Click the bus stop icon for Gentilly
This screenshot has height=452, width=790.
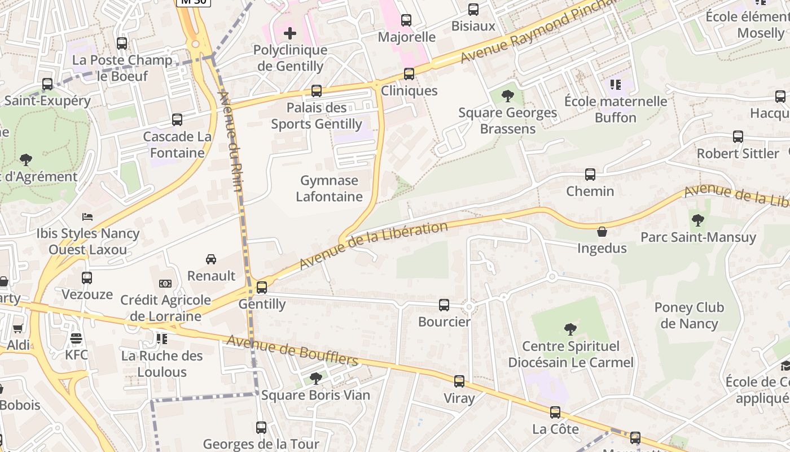pos(262,287)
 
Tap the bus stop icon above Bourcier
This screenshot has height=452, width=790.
pos(444,305)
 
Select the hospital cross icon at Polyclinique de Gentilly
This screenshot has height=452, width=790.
pos(289,33)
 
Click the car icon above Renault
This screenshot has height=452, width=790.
pos(211,259)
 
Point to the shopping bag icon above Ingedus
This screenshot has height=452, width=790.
pos(602,232)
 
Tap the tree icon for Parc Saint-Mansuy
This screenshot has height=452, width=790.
pos(698,220)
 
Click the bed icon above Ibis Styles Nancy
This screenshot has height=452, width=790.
pos(87,216)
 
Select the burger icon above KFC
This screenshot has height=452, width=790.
pos(76,338)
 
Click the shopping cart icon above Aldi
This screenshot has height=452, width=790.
pos(18,329)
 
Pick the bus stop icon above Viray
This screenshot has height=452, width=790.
pos(459,381)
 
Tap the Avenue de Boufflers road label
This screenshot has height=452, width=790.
pos(292,350)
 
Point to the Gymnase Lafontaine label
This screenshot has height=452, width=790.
pos(330,189)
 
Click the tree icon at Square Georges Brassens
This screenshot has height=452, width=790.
pos(507,95)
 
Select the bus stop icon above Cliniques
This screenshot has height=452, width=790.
pos(409,74)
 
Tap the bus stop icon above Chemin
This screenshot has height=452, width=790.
pos(590,175)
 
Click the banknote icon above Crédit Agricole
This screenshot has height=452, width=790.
pos(165,284)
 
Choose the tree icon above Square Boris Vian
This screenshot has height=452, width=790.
pos(316,378)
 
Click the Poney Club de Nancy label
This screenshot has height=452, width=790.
pos(689,316)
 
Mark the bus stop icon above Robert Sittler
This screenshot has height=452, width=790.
pos(738,137)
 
